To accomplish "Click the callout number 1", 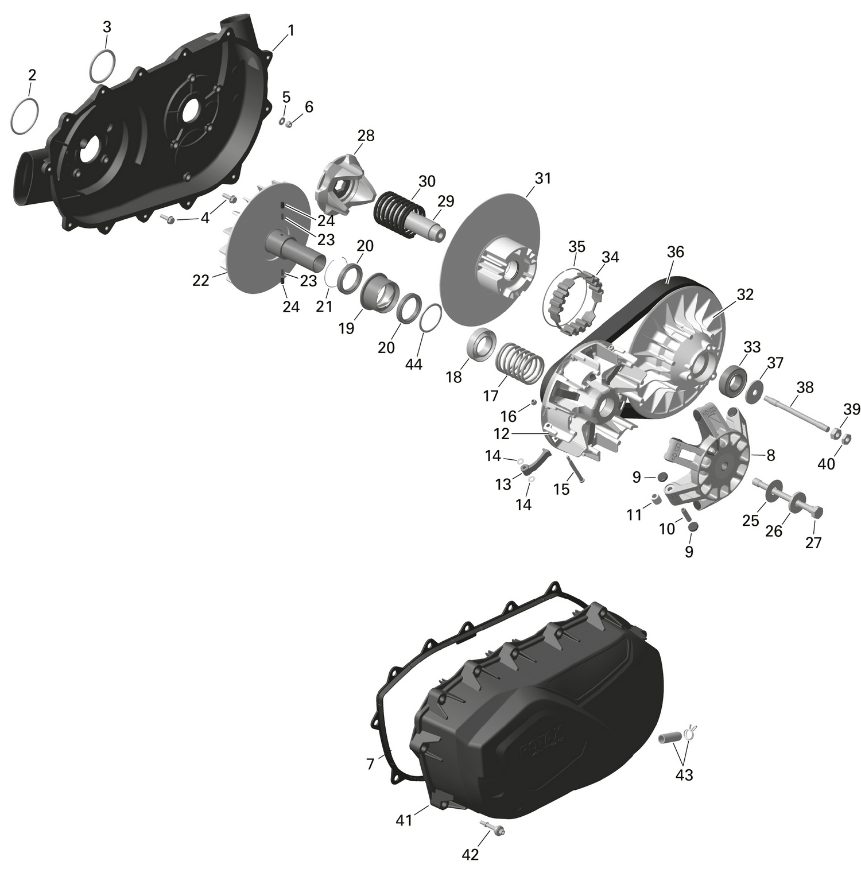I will (290, 30).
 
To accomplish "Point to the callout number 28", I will (366, 136).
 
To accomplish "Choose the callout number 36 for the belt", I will (676, 252).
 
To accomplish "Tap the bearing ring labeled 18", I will (482, 344).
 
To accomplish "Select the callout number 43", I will (684, 775).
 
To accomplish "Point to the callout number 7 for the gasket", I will (370, 764).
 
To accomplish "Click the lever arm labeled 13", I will (537, 462).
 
